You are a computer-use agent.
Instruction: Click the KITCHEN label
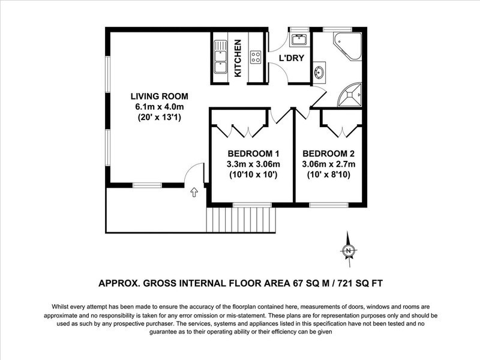point(238,58)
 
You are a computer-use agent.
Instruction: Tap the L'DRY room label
point(292,58)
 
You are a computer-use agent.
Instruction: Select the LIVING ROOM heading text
point(160,96)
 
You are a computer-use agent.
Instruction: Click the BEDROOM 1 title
point(253,154)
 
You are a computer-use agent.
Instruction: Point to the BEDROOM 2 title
point(328,154)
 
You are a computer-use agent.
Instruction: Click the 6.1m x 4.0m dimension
point(160,107)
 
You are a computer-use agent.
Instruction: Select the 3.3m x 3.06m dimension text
point(253,164)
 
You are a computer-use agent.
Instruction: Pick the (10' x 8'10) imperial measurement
point(328,175)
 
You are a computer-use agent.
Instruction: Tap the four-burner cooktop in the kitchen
point(256,57)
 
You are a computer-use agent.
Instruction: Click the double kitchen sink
point(220,57)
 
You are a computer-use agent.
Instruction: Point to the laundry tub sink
point(298,40)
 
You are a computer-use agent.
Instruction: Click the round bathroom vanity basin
point(319,72)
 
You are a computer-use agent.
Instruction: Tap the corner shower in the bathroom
point(350,95)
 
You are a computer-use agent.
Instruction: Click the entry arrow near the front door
point(194,192)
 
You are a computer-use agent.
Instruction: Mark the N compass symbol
point(348,250)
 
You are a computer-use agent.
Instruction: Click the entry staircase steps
point(242,220)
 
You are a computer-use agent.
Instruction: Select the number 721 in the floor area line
point(344,283)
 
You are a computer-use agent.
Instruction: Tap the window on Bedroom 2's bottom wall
point(328,205)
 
